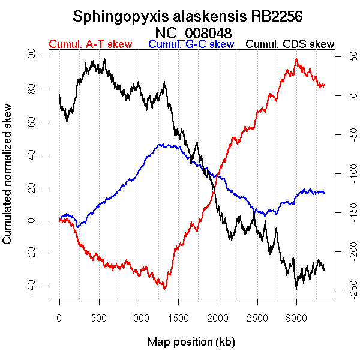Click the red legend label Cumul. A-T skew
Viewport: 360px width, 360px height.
(x=90, y=44)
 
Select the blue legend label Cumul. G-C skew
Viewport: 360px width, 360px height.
(x=191, y=44)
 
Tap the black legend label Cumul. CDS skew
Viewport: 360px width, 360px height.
(x=290, y=44)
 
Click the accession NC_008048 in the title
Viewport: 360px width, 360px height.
(x=193, y=32)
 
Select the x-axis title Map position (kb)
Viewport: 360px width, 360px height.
(x=191, y=342)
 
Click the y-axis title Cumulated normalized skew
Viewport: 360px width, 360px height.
(x=8, y=180)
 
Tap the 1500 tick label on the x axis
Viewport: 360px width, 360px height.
(x=178, y=317)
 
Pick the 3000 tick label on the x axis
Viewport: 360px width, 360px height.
(x=296, y=317)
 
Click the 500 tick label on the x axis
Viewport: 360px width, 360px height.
(x=99, y=317)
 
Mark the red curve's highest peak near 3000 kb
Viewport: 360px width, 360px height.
(x=296, y=59)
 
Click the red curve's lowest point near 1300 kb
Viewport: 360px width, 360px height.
(x=164, y=289)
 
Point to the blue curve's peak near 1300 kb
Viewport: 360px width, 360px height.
(x=161, y=144)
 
